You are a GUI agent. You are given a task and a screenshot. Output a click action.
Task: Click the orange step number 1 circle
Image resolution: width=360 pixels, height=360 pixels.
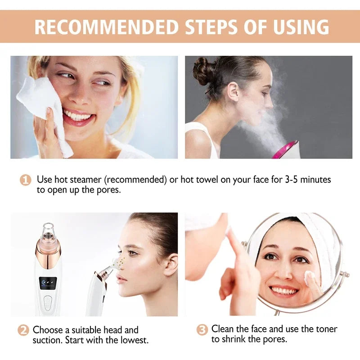(26, 180)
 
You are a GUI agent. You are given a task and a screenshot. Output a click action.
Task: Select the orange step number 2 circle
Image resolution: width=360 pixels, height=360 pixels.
(23, 330)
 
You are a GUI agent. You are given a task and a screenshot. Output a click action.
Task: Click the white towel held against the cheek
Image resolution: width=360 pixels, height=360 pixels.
(43, 108)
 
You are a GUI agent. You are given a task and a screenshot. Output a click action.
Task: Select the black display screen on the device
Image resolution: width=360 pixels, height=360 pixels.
(48, 282)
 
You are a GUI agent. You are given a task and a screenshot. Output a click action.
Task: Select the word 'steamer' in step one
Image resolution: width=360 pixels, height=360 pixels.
(85, 180)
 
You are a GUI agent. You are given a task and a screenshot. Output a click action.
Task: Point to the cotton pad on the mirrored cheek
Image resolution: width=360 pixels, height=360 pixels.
(310, 279)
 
